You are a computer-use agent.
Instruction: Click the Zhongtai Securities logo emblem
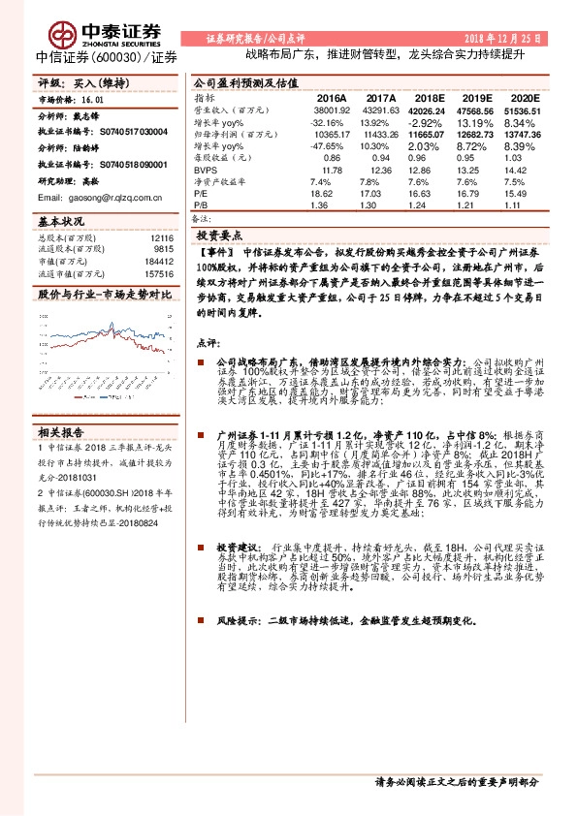point(67,35)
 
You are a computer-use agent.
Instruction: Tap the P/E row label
point(201,194)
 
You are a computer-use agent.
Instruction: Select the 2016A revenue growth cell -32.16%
point(327,123)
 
